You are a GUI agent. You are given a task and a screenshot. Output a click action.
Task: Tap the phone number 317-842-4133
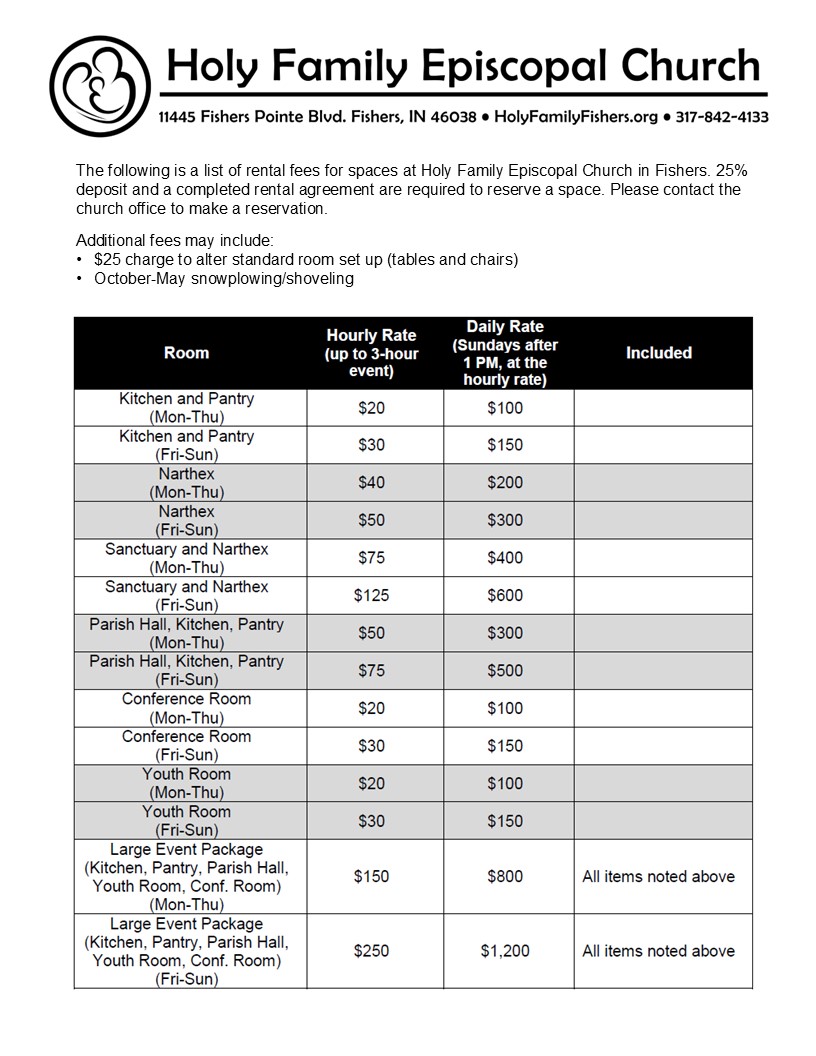pos(722,117)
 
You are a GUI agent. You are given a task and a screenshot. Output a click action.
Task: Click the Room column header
pos(187,353)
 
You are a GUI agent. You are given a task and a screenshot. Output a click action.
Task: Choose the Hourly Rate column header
pos(371,353)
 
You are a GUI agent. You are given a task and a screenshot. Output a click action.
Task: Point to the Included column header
pos(659,353)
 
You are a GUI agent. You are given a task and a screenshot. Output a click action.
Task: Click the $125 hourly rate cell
pos(371,596)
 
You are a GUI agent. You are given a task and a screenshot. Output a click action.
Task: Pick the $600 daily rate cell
pos(505,596)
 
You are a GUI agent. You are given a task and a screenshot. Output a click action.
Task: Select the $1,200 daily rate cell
pos(505,951)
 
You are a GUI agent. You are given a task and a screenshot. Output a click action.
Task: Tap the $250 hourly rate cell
pos(371,951)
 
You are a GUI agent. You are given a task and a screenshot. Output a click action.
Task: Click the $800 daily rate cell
pos(505,876)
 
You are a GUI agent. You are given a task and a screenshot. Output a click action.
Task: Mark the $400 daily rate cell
pos(505,558)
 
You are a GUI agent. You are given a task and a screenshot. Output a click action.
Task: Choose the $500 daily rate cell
pos(505,671)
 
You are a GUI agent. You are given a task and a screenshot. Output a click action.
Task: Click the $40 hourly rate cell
pos(371,483)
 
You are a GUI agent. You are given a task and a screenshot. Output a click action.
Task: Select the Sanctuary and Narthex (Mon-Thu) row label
pos(187,558)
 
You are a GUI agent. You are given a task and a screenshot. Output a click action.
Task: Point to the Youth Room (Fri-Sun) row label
pos(187,821)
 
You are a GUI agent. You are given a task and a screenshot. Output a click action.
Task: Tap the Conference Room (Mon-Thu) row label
pos(187,708)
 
